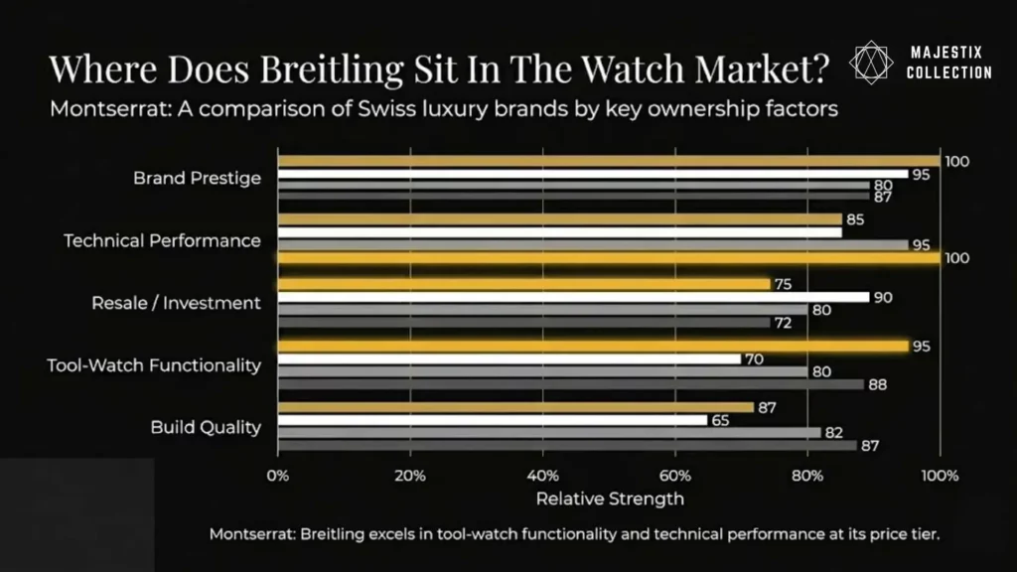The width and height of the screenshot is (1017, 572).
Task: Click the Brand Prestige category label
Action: (x=197, y=179)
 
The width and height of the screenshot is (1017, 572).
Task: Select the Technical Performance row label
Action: (x=162, y=240)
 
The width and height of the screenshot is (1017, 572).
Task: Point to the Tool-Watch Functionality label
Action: (x=154, y=364)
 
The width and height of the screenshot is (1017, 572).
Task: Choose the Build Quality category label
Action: (x=206, y=427)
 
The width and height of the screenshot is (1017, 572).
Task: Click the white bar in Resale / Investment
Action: (x=573, y=297)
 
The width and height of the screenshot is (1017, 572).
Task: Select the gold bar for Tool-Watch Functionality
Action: (x=593, y=347)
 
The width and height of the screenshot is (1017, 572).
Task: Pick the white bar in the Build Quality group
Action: (x=493, y=420)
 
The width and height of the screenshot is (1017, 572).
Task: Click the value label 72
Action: (x=784, y=322)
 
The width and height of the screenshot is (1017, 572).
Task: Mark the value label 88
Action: (x=878, y=384)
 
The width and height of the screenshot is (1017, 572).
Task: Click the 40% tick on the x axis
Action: (x=542, y=476)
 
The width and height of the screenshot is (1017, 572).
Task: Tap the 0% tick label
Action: (x=278, y=476)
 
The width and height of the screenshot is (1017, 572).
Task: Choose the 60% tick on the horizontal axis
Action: (x=675, y=476)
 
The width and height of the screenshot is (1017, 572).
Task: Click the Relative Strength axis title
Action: (x=609, y=498)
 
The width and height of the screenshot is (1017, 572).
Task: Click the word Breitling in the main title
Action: (x=374, y=69)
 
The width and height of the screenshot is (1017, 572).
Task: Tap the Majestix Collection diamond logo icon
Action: (x=872, y=62)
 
